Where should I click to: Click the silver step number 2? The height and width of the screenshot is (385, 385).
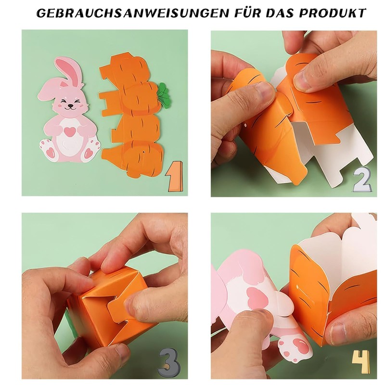point(362,180)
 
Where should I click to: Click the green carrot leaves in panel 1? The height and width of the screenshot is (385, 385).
point(164,94)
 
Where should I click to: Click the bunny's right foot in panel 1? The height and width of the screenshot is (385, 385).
point(89,152)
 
